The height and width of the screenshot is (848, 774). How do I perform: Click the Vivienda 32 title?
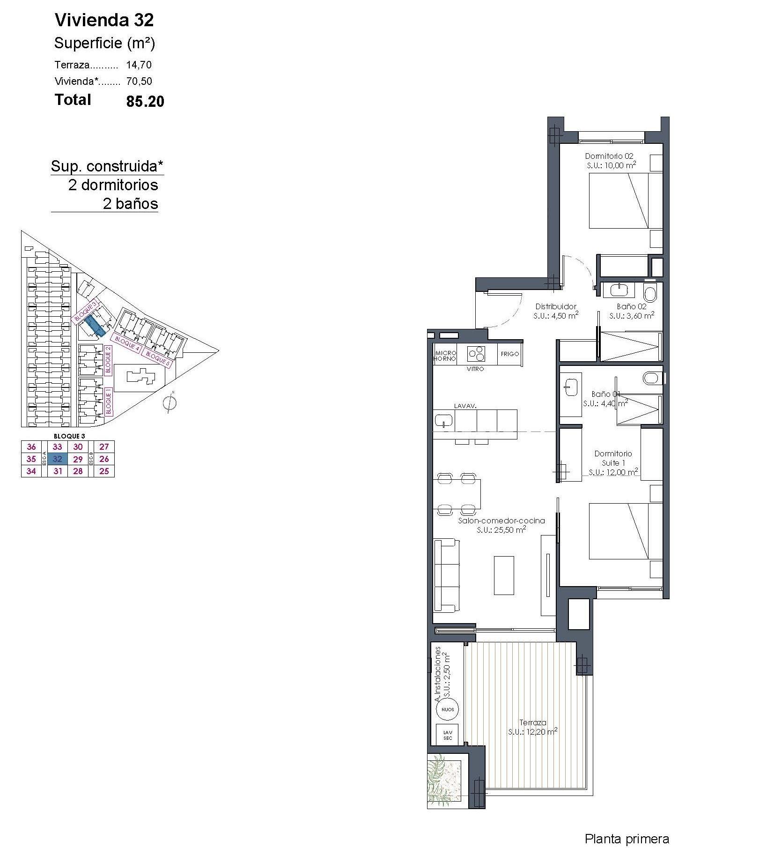[104, 20]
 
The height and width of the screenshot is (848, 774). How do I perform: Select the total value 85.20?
[145, 101]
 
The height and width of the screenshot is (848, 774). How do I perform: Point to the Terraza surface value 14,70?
[139, 65]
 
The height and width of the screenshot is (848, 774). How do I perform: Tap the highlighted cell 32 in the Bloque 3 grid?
[58, 459]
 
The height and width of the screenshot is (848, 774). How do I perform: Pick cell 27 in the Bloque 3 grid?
[104, 446]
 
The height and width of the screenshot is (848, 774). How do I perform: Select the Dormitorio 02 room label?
[609, 156]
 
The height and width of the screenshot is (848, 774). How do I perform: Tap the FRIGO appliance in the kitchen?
[509, 354]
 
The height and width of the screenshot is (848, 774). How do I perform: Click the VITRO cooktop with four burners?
[475, 354]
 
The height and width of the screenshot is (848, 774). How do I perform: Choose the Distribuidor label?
[556, 306]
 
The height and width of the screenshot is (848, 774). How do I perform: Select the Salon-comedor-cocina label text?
[501, 521]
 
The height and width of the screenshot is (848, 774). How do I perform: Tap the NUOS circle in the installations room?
[447, 709]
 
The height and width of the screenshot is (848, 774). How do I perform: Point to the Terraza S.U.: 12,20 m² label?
[532, 727]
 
